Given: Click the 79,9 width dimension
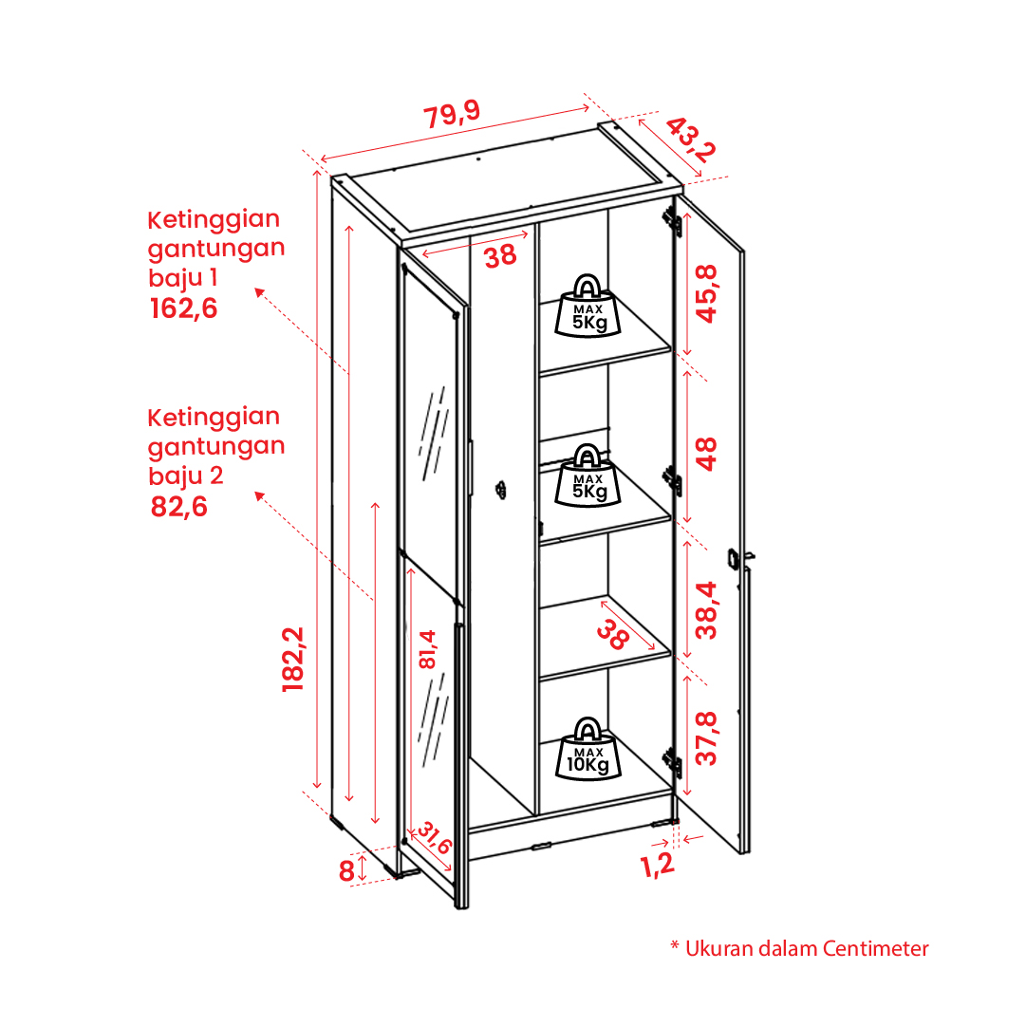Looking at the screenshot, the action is click(452, 114).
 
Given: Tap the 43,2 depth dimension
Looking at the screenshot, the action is click(691, 140).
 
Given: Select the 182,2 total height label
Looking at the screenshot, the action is click(293, 659).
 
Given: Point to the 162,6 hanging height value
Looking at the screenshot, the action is click(183, 308).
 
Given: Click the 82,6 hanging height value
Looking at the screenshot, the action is click(178, 507).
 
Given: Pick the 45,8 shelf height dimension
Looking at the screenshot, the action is click(706, 294).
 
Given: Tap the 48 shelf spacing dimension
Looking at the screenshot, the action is click(706, 454).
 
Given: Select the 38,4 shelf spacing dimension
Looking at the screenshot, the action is click(706, 610).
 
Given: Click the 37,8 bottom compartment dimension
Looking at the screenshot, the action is click(706, 738).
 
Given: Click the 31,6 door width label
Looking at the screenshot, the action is click(434, 837).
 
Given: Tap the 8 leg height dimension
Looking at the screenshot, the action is click(346, 871).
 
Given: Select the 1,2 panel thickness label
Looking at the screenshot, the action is click(657, 865).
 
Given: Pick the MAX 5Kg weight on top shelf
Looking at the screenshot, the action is click(588, 306).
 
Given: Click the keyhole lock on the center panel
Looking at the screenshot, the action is click(500, 490).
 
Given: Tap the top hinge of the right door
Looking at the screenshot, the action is click(672, 220).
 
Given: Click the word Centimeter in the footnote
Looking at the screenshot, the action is click(875, 949).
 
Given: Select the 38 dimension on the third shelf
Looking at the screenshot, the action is click(612, 634).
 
